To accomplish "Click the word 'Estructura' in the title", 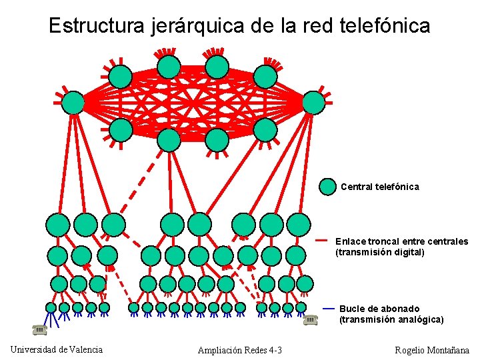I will (91, 26).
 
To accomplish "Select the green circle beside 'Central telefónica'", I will (327, 187).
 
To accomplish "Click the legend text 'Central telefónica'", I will (380, 187).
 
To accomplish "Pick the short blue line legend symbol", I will (329, 309).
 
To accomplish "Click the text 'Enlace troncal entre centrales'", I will (401, 241).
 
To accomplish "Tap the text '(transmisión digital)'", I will (379, 253).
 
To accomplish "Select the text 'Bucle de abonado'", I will (379, 309).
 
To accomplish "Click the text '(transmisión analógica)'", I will (391, 320).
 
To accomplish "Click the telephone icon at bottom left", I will (39, 329).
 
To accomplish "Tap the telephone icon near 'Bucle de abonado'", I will (310, 320).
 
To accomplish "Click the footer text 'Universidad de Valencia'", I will (57, 349).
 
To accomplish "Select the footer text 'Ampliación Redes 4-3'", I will (240, 351).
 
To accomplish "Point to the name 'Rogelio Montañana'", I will (432, 351).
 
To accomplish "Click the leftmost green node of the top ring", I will (74, 103).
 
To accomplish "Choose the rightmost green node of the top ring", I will (313, 103).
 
